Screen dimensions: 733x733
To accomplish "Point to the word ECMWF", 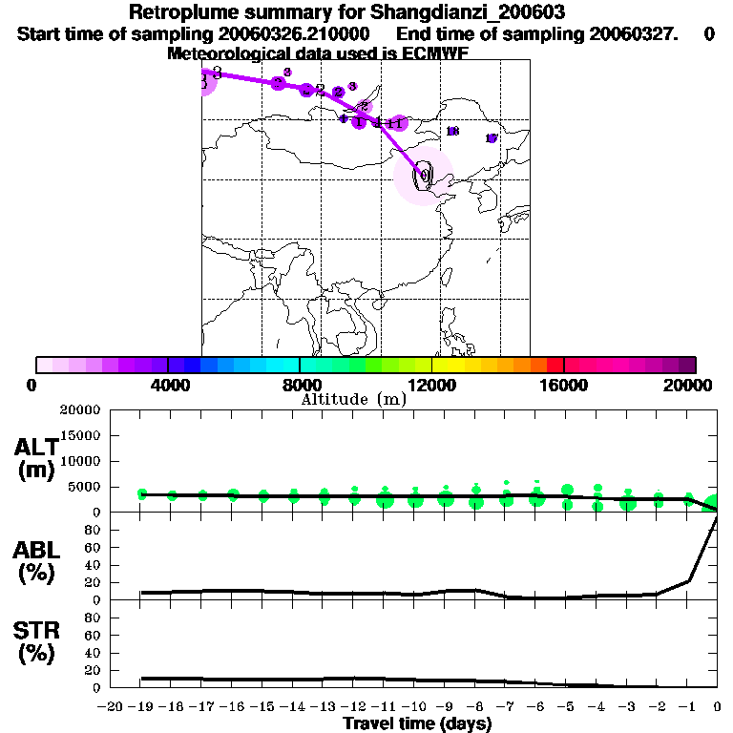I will (436, 53).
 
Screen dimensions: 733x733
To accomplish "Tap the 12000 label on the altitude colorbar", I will (431, 385).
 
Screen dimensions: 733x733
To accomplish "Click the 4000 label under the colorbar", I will (167, 385).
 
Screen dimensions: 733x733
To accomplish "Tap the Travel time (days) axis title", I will (417, 724).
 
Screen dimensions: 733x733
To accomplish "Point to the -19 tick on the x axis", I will (140, 706).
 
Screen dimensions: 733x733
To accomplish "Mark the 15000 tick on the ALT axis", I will (81, 435).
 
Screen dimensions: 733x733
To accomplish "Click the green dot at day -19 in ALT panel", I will (142, 493).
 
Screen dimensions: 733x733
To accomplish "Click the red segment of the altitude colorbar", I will (555, 365).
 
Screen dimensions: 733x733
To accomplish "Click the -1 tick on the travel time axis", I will (687, 706).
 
